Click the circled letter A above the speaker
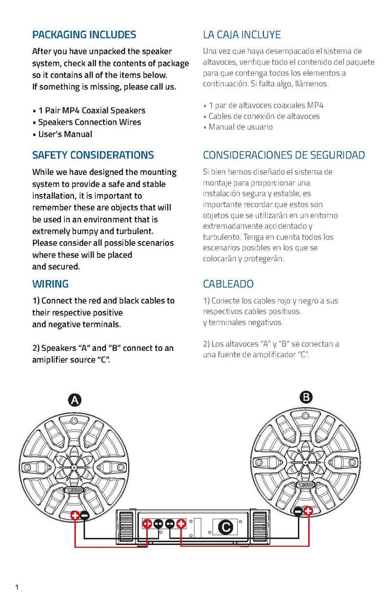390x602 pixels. [x=75, y=401]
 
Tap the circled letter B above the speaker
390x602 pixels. [x=306, y=397]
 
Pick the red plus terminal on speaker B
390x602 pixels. [x=308, y=511]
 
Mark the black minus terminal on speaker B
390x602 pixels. [x=298, y=511]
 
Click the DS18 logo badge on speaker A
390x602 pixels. [x=75, y=492]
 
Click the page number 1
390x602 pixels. [x=17, y=587]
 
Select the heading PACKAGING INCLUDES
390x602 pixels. [x=84, y=35]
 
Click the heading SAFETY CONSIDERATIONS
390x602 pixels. [x=93, y=155]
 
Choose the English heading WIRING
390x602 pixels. [x=50, y=284]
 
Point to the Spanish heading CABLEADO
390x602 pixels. [x=228, y=284]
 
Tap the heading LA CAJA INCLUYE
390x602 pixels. [x=242, y=35]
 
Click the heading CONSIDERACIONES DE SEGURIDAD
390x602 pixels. [x=284, y=155]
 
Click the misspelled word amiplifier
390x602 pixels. [x=52, y=360]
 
